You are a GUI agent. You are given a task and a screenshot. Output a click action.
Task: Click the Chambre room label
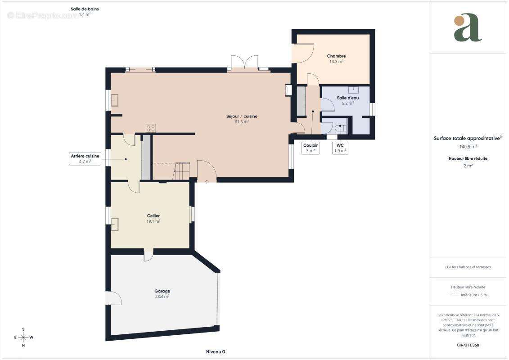tap(336, 56)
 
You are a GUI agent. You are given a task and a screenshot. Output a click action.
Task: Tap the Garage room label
tap(162, 291)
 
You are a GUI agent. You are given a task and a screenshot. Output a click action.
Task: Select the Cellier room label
tap(153, 216)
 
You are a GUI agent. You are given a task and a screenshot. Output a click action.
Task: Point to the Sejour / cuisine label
tap(242, 116)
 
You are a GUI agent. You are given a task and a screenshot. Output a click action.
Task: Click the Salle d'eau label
tap(348, 98)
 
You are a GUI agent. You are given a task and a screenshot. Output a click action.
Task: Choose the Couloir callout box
tap(311, 148)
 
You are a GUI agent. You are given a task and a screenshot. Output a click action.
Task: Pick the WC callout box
tap(340, 148)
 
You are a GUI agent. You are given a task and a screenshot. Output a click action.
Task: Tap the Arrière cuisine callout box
tap(85, 159)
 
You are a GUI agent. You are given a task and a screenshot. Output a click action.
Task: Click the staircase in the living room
tap(181, 171)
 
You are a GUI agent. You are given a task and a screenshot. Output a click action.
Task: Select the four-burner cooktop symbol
tap(151, 128)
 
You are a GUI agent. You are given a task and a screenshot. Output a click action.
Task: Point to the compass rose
tap(24, 337)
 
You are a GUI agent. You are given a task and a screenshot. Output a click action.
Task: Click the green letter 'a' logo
tap(468, 27)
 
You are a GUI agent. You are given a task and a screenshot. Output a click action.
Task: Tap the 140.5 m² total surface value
tap(468, 147)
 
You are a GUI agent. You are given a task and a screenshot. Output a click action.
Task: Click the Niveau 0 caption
tap(216, 352)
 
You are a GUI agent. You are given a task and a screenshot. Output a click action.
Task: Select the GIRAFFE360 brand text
tap(468, 345)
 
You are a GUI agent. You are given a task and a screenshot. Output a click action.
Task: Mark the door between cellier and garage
tap(149, 255)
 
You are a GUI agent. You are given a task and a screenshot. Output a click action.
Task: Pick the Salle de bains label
tap(85, 9)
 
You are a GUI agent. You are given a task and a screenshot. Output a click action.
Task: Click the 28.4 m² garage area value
tap(162, 297)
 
